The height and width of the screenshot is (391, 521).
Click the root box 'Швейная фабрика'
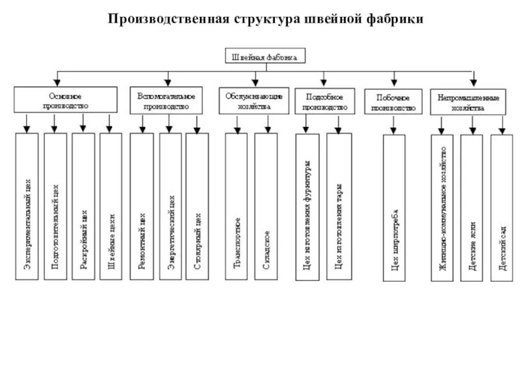coord(264,57)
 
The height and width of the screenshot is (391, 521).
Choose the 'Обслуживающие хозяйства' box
coord(254,100)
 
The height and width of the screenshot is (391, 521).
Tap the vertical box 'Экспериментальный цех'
coord(27,207)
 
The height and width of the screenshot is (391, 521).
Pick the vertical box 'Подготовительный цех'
coord(55,207)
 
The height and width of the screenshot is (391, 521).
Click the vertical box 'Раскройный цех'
coord(83,207)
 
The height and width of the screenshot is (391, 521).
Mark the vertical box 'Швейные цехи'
coord(111,207)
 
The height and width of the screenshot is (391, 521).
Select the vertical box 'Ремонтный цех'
coord(142,207)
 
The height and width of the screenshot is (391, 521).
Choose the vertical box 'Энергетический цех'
coord(170,207)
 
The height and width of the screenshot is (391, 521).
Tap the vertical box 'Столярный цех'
coord(197,207)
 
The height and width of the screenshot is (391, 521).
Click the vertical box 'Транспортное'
coord(237,207)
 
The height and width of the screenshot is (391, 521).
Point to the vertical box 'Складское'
coord(266,207)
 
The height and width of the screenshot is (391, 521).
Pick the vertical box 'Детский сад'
coord(501,207)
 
